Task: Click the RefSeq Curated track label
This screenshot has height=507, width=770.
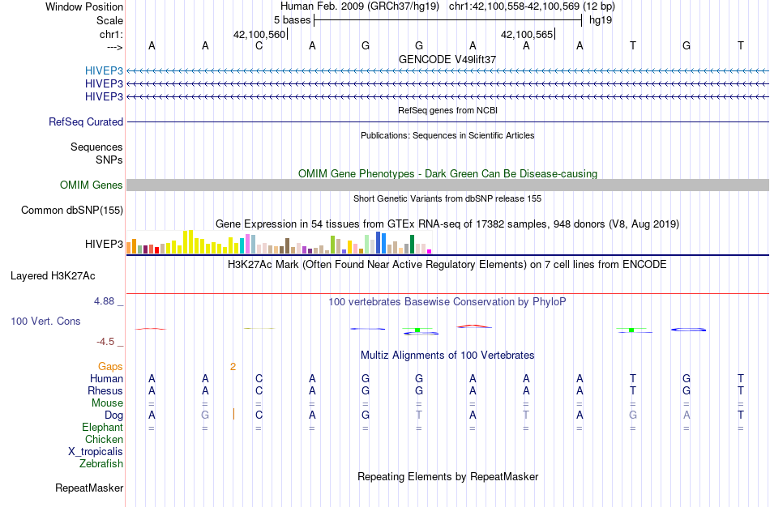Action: click(86, 121)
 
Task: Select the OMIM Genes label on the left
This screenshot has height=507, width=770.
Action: click(92, 185)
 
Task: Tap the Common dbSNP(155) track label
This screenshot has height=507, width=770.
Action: click(72, 211)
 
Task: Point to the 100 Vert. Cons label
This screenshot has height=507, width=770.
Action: click(45, 322)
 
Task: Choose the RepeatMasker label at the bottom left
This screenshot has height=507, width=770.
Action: click(89, 488)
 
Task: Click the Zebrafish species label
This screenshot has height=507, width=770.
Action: click(101, 464)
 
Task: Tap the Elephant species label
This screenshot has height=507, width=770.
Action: click(102, 427)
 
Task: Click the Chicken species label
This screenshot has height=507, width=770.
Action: click(104, 440)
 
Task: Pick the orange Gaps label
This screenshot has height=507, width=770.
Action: click(110, 366)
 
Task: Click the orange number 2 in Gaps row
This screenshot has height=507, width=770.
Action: click(233, 366)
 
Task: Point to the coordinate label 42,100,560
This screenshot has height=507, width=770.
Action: click(259, 35)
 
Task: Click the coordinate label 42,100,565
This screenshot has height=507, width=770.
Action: click(528, 35)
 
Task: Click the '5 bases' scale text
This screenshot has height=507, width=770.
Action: click(292, 19)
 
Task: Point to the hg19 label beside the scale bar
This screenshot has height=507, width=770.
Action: click(600, 19)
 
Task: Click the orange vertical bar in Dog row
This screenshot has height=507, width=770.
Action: click(233, 415)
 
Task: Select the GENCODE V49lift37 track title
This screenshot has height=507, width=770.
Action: click(447, 59)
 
